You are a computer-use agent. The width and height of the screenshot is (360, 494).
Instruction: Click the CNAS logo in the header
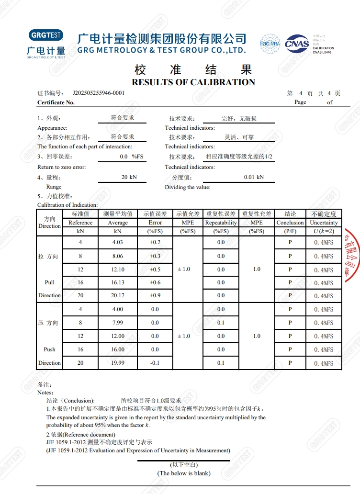coord(297,44)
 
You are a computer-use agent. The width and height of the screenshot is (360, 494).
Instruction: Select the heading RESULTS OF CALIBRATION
coord(193,82)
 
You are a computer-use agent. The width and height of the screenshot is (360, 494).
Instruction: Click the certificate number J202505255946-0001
coord(99,93)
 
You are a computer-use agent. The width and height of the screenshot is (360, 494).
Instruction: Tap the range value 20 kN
coord(129,177)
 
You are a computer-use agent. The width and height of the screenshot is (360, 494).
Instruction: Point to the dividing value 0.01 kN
coord(254,177)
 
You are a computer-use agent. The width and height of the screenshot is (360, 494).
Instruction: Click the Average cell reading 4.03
coord(118,242)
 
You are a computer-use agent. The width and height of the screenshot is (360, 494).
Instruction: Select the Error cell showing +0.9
coord(155,295)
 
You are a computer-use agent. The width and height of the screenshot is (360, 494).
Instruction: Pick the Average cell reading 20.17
coord(118,295)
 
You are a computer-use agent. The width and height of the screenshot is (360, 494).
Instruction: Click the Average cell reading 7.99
coord(118,323)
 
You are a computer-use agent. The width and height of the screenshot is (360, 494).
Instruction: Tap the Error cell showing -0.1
coord(155,363)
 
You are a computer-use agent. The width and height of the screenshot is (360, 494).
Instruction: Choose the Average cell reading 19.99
coord(118,363)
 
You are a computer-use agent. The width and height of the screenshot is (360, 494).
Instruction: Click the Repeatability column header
coord(221,223)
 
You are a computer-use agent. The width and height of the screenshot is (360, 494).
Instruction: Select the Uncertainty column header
coord(324,223)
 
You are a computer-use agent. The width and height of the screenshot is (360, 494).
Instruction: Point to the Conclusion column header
coord(290,223)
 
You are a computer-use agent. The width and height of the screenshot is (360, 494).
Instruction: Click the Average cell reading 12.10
coord(118,269)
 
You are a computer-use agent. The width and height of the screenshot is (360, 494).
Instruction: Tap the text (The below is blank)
coord(184,473)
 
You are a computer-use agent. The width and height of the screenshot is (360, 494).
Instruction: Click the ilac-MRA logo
coord(270,44)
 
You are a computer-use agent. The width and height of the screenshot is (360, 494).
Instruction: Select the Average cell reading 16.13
coord(118,282)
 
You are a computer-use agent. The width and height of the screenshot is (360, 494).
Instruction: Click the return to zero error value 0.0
coord(124,157)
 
